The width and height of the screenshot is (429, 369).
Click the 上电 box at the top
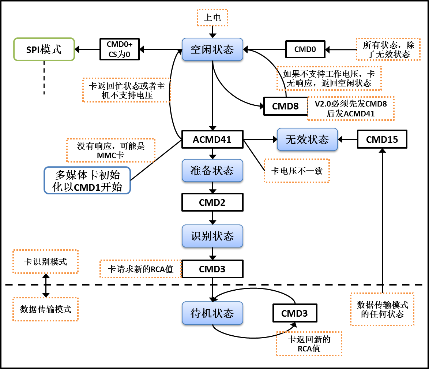(212, 18)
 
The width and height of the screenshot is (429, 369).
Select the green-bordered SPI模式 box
(44, 49)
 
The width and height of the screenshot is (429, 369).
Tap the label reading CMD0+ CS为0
(120, 49)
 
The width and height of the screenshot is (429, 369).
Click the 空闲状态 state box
(212, 49)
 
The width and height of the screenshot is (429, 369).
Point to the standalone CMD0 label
(305, 49)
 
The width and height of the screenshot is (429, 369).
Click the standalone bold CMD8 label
(285, 106)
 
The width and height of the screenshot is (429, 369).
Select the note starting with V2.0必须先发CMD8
(350, 108)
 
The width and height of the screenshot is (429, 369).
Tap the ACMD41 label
(212, 139)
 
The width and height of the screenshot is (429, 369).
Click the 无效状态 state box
(307, 139)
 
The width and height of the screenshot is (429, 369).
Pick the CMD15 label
(382, 139)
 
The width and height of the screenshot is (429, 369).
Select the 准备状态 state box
(212, 171)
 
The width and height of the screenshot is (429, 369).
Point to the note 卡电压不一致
(297, 171)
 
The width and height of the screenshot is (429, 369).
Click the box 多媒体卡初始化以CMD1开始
(87, 180)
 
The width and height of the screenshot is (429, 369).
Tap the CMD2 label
(212, 202)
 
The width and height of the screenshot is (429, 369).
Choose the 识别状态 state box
(212, 236)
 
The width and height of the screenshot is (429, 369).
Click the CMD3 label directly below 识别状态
(212, 269)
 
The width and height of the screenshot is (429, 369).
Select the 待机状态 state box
(212, 313)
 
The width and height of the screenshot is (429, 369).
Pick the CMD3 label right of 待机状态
(294, 313)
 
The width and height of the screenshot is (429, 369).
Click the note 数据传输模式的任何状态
(382, 309)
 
